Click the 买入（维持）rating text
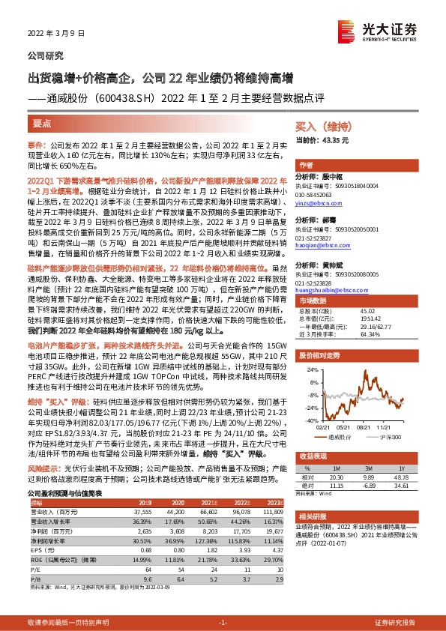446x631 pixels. click(x=323, y=127)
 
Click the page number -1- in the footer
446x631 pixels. click(x=222, y=623)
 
